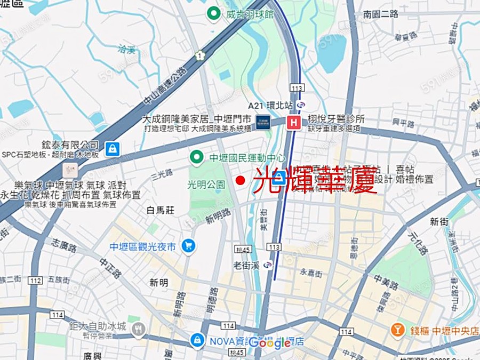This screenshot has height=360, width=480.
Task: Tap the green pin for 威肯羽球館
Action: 214,14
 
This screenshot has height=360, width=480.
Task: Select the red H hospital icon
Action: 293,122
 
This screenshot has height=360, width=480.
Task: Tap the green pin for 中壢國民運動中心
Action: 197,157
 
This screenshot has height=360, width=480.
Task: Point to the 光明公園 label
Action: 206,185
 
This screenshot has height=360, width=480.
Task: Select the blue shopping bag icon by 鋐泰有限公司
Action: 112,149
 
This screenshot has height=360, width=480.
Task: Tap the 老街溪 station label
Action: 245,265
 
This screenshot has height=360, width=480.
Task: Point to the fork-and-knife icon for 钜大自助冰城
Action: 138,331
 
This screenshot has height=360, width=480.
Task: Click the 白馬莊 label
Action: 161,211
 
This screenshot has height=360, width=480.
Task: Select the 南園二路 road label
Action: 380,14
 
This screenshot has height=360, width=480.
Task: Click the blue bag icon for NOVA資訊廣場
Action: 197,339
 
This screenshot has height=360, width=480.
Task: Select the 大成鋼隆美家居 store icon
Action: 262,122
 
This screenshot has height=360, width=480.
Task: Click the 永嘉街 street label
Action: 311,273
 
